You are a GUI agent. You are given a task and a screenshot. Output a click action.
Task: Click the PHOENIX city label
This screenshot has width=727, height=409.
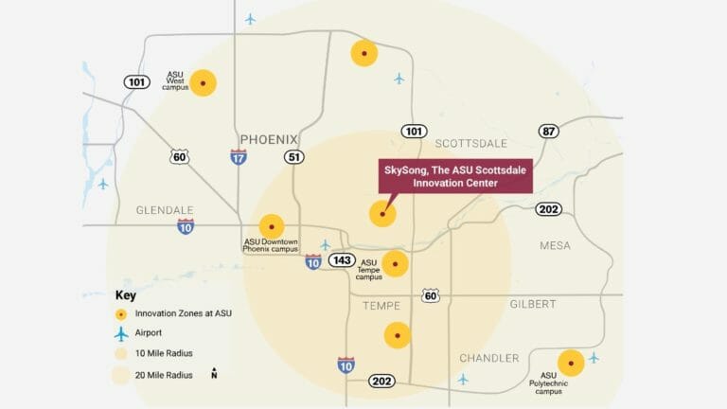click(x=269, y=139)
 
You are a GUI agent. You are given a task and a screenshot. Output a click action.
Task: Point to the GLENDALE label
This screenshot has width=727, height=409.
click(x=165, y=210)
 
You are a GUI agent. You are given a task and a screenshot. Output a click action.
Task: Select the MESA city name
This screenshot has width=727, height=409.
click(x=555, y=245)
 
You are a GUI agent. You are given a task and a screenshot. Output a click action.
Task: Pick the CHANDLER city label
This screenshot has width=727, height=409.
click(x=488, y=358)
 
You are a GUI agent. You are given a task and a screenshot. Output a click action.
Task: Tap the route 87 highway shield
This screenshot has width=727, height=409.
click(x=548, y=131)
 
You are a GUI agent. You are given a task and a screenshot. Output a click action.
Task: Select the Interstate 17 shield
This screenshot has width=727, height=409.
click(x=239, y=157)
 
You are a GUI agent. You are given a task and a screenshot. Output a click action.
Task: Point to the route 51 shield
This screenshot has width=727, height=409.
click(x=294, y=157)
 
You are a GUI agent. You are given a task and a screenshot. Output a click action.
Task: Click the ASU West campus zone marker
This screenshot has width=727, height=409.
click(x=204, y=83)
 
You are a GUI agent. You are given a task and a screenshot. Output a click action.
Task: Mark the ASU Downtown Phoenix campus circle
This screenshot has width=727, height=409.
click(x=272, y=227)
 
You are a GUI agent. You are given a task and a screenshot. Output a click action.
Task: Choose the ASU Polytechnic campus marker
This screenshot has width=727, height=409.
click(x=571, y=363)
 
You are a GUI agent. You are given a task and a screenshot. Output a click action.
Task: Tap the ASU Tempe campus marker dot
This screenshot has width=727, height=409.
click(x=395, y=264)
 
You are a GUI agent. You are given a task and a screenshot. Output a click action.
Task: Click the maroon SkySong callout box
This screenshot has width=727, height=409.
click(x=454, y=176)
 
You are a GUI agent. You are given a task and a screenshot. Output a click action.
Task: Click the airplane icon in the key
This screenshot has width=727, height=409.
click(x=120, y=333)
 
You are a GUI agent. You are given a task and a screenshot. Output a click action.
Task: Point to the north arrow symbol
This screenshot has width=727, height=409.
click(x=215, y=373)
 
